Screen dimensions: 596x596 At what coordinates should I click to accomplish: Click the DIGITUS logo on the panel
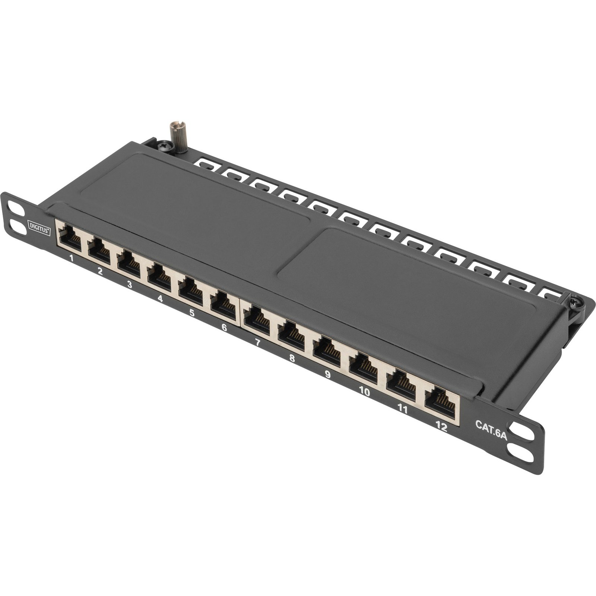(39, 227)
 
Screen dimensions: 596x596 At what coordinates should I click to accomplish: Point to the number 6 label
(224, 327)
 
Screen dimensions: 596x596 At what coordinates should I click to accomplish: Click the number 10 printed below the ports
(364, 391)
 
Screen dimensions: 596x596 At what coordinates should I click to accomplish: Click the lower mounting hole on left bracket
(19, 228)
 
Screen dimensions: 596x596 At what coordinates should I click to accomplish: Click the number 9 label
(327, 374)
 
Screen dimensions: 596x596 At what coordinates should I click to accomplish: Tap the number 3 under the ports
(129, 284)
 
